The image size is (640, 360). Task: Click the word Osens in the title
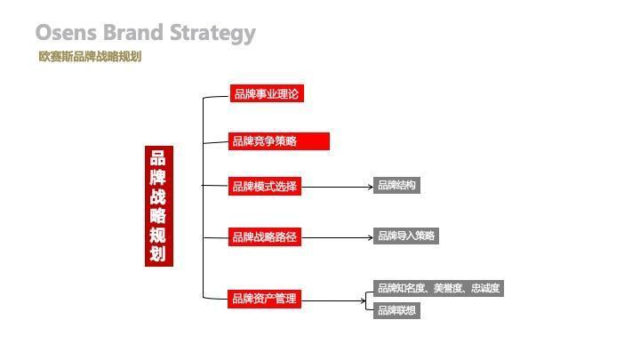[67, 34]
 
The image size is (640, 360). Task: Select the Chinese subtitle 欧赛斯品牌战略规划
[90, 57]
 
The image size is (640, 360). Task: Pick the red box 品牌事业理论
[267, 93]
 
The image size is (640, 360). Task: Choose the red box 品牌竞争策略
[279, 141]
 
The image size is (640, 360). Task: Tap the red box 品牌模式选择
[265, 187]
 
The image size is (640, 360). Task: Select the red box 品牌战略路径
[265, 237]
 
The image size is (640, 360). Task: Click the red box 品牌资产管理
[265, 300]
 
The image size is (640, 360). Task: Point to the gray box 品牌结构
[396, 186]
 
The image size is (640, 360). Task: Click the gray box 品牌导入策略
[406, 236]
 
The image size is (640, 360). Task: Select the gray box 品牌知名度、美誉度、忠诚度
[438, 288]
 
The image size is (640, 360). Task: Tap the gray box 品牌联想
[396, 310]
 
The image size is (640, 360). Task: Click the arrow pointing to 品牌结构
[338, 187]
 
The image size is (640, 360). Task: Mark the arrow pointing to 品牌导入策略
[338, 237]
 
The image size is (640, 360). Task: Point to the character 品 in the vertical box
[158, 158]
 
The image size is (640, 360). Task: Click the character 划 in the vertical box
[158, 255]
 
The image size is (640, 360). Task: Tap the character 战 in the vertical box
[158, 197]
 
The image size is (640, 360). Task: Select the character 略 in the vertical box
[158, 217]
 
